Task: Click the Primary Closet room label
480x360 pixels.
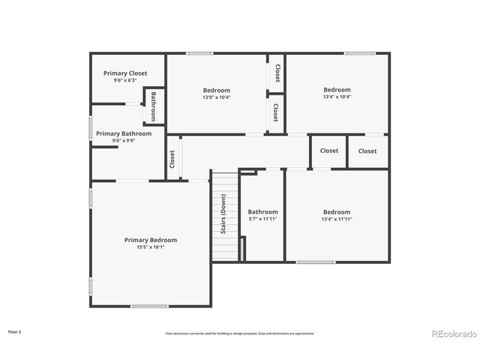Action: (x=125, y=73)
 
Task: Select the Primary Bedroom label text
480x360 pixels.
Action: (x=151, y=240)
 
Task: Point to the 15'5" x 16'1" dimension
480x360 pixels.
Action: (x=151, y=247)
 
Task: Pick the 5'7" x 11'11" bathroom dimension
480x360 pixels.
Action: (x=263, y=219)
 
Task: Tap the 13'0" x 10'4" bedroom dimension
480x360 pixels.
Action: (x=217, y=97)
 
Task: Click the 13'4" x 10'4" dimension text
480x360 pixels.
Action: (x=337, y=97)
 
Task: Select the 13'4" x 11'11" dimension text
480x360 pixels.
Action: (x=337, y=219)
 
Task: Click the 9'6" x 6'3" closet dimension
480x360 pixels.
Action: (x=125, y=81)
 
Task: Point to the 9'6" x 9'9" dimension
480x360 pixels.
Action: (x=123, y=140)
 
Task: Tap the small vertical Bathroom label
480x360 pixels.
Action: (x=153, y=106)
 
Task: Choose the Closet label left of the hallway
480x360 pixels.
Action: (x=172, y=159)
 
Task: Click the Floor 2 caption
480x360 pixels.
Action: (x=15, y=331)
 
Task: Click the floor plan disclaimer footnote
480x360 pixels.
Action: (x=240, y=333)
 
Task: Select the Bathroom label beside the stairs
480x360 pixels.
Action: (x=263, y=211)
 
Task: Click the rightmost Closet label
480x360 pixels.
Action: (x=367, y=151)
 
